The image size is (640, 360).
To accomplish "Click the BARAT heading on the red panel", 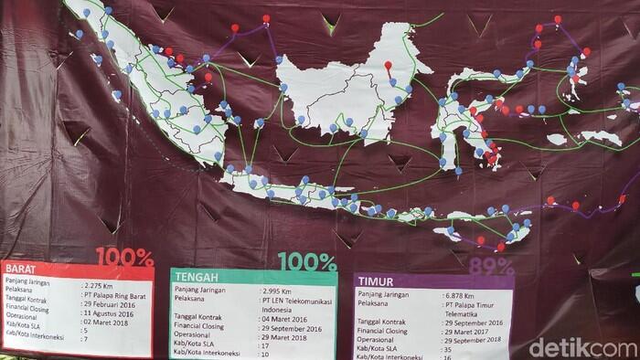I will tap(19, 269).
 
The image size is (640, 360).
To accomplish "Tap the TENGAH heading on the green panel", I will tap(195, 275).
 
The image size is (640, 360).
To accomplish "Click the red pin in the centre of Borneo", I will tap(388, 65).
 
